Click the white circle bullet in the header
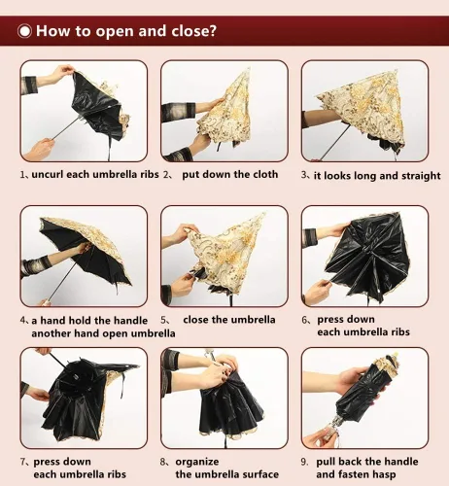click(24, 31)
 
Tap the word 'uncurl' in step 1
click(48, 174)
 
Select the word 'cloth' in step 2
click(265, 174)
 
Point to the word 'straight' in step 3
click(421, 176)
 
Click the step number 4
click(23, 321)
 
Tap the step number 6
click(305, 320)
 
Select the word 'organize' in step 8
click(197, 462)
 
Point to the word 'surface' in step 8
click(260, 474)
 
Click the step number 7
click(23, 462)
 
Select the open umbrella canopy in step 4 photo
click(85, 250)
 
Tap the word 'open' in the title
click(114, 32)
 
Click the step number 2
click(166, 175)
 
